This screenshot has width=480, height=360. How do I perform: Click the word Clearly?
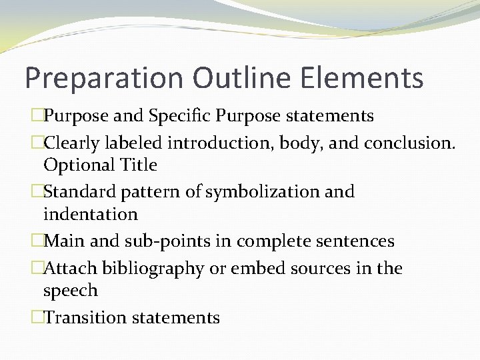pyautogui.click(x=72, y=143)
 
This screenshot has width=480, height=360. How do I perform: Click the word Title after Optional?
pyautogui.click(x=137, y=165)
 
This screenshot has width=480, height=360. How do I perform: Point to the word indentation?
pyautogui.click(x=90, y=214)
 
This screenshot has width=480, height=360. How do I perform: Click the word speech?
pyautogui.click(x=71, y=291)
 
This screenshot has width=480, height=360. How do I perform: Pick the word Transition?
pyautogui.click(x=85, y=317)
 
